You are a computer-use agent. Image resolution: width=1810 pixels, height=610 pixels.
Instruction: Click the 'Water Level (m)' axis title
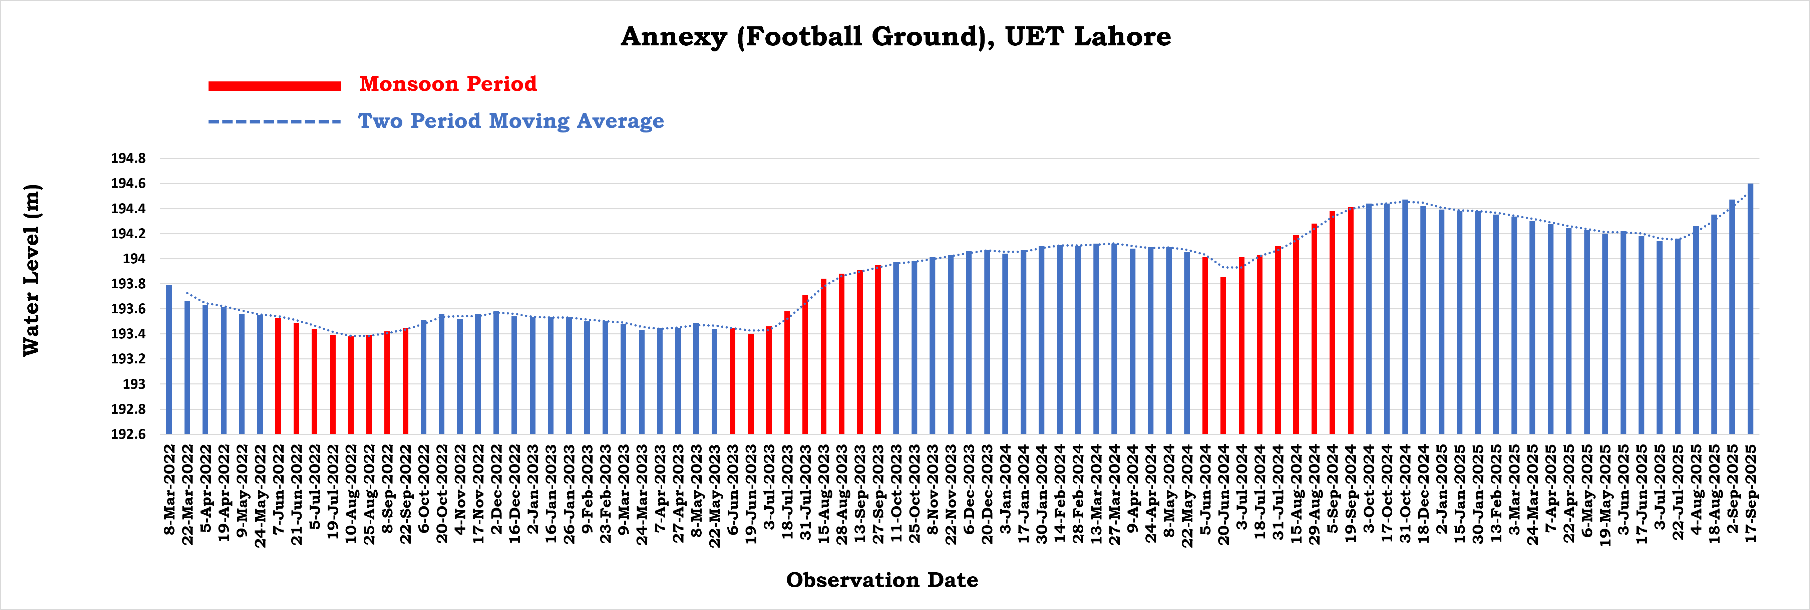click(32, 271)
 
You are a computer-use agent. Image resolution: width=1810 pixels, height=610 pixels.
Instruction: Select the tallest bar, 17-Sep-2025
click(1750, 309)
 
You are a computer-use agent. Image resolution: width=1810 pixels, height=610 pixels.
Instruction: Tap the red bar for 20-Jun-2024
click(1223, 356)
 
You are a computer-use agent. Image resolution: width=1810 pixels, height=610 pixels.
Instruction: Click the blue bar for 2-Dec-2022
click(496, 372)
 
